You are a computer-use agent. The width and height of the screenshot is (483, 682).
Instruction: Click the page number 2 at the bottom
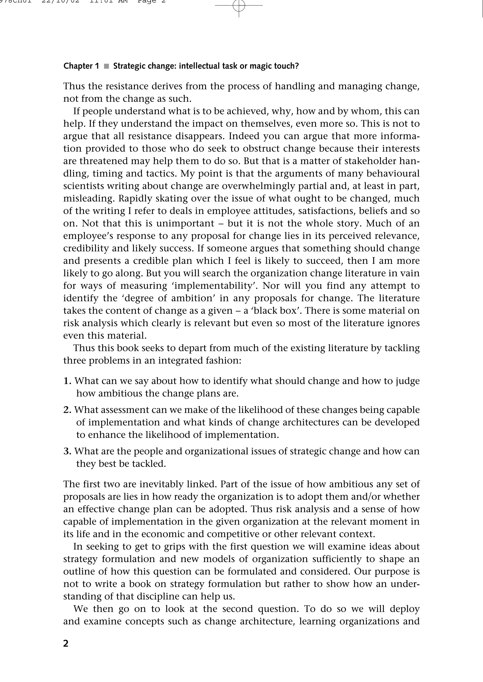[x=66, y=643]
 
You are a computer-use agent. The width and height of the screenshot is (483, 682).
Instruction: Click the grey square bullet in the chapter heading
[x=106, y=66]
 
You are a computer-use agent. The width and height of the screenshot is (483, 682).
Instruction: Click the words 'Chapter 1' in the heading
[x=81, y=66]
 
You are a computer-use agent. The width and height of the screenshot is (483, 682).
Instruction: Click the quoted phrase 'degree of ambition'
[x=157, y=298]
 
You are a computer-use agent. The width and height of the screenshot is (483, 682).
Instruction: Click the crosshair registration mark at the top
[x=239, y=5]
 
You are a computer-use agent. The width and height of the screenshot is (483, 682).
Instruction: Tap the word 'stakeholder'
[x=370, y=161]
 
